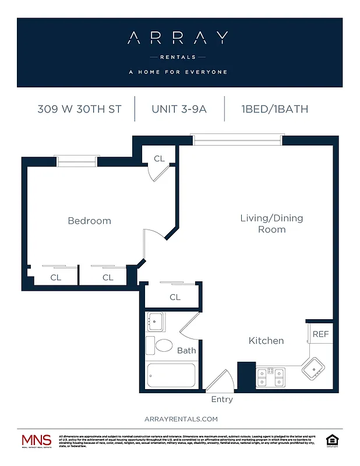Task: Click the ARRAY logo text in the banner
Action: pyautogui.click(x=178, y=38)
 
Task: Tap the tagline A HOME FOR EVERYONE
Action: pyautogui.click(x=178, y=72)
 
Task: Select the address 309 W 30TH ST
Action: pyautogui.click(x=79, y=109)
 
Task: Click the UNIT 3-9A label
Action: pyautogui.click(x=179, y=109)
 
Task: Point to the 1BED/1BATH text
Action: pyautogui.click(x=274, y=109)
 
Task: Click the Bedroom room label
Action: pyautogui.click(x=89, y=221)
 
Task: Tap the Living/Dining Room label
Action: pyautogui.click(x=271, y=224)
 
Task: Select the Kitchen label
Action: pyautogui.click(x=266, y=340)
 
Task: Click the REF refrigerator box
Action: pyautogui.click(x=320, y=334)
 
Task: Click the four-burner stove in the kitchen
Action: pyautogui.click(x=270, y=377)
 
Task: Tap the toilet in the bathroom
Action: pyautogui.click(x=161, y=345)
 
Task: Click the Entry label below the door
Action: pyautogui.click(x=222, y=400)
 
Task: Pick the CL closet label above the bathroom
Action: pyautogui.click(x=175, y=297)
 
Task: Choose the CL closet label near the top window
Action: pyautogui.click(x=159, y=158)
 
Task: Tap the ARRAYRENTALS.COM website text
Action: pyautogui.click(x=181, y=419)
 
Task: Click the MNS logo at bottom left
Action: pyautogui.click(x=36, y=441)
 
